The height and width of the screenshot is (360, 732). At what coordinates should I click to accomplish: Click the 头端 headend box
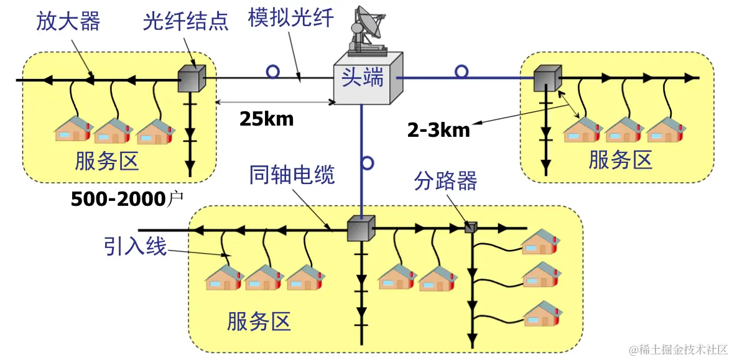coord(364,79)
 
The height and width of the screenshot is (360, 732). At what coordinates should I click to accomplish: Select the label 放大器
coord(68,22)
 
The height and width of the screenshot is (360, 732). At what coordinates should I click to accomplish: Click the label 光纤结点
coord(185,22)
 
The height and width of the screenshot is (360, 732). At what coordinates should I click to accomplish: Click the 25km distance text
coord(266,119)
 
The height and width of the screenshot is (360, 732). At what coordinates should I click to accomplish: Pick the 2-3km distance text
coord(438,129)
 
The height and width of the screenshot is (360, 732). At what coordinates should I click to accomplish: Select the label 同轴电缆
coord(292,175)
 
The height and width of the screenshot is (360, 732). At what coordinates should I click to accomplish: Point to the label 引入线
coord(136,247)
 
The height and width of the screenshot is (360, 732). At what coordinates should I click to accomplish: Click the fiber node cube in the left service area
coord(191,78)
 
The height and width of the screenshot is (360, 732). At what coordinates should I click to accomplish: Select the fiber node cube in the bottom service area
coord(361,229)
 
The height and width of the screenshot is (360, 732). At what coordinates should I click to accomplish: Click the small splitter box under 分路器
coord(471,228)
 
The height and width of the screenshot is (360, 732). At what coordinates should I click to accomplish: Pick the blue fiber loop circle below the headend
coord(367,164)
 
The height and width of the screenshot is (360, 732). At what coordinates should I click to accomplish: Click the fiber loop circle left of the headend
coord(272,72)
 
